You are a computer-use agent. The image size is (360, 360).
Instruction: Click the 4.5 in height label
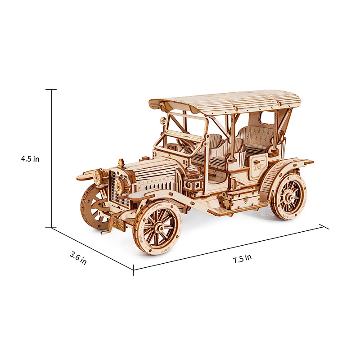(30, 159)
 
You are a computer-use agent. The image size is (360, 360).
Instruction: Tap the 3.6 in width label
(78, 258)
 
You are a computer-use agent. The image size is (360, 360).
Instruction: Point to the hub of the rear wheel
(289, 197)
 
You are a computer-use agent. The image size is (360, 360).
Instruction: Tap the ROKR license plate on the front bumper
(118, 223)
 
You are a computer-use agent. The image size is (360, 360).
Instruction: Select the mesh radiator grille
(119, 189)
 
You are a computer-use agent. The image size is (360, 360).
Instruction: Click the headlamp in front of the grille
(120, 184)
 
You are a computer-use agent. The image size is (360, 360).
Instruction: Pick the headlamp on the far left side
(98, 176)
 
